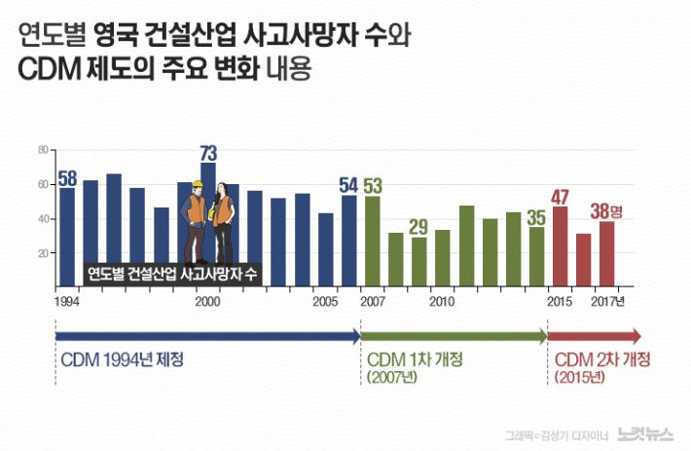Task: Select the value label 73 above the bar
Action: (208, 153)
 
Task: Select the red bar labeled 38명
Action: (606, 254)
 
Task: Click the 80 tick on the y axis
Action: (42, 150)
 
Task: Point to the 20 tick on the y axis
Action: (42, 253)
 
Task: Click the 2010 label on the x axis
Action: (442, 302)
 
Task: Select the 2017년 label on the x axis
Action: (608, 302)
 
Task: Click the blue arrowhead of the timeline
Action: (354, 337)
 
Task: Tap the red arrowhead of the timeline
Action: (636, 337)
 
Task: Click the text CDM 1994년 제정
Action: (123, 358)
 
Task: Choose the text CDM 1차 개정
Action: (415, 358)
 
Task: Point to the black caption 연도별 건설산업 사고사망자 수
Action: (171, 274)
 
